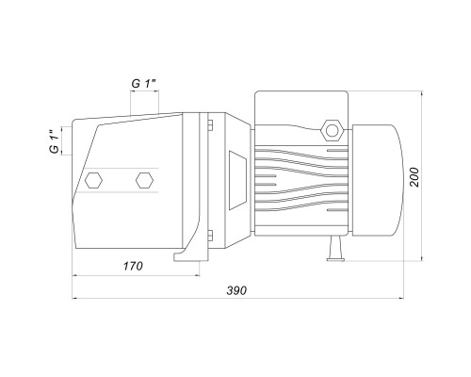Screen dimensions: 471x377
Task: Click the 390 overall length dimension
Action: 236,290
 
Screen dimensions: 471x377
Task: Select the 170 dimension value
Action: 133,266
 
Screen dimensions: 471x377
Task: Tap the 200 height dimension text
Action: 414,177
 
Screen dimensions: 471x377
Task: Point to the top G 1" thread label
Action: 144,84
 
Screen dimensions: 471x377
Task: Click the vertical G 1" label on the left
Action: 55,141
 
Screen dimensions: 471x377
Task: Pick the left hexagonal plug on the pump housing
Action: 93,180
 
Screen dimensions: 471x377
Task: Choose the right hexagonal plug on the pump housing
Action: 144,180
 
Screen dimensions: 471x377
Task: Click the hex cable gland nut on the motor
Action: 332,129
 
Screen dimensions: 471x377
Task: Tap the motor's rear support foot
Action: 335,249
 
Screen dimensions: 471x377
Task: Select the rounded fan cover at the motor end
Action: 378,180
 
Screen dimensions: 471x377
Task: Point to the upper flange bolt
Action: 210,124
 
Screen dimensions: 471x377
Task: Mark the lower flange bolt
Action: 210,235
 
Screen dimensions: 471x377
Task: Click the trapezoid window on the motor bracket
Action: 237,180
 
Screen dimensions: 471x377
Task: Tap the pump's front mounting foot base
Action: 191,257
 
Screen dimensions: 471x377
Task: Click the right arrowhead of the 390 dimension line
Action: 400,298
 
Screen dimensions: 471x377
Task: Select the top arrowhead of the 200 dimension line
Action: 422,94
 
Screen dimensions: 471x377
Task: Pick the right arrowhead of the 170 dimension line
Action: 197,275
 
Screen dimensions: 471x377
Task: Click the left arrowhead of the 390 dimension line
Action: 75,298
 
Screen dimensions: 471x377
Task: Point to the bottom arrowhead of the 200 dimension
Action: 422,257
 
